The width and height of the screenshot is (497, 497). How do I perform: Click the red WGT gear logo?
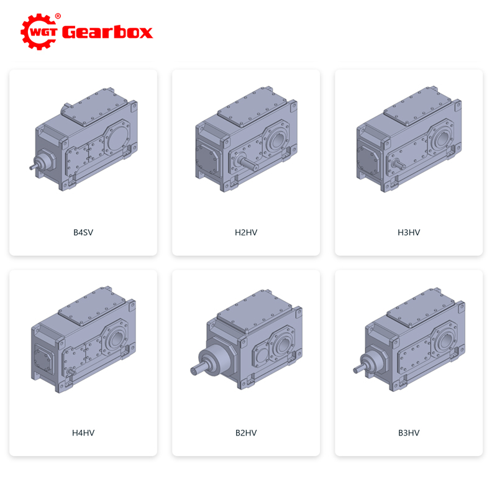click(39, 32)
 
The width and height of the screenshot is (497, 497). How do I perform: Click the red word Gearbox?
click(107, 32)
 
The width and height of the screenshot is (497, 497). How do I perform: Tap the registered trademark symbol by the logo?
click(58, 16)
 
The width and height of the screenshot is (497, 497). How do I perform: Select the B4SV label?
click(83, 232)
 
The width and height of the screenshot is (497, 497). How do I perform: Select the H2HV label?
click(246, 232)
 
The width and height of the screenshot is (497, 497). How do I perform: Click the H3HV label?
click(409, 232)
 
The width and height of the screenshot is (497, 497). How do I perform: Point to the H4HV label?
click(83, 432)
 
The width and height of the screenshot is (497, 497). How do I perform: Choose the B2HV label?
click(246, 432)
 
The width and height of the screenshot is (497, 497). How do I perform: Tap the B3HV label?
click(409, 432)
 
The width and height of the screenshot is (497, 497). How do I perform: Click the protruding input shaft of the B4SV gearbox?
click(33, 166)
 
